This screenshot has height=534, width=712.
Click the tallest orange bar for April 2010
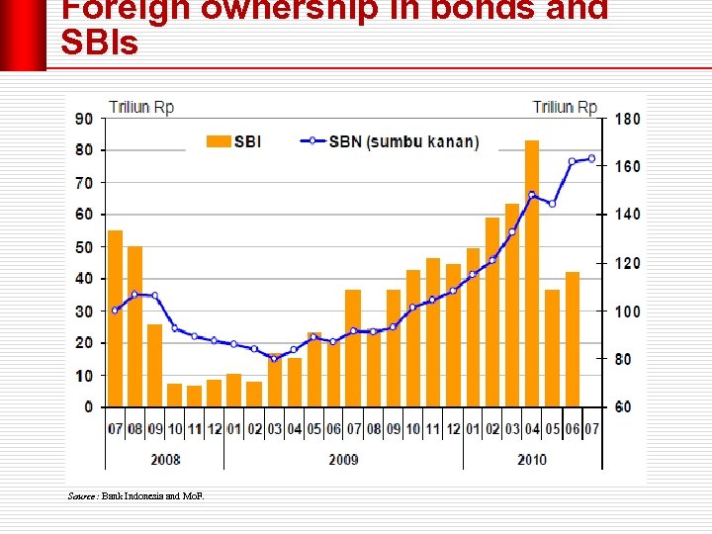coord(532,273)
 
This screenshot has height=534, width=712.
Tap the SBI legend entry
coord(234,141)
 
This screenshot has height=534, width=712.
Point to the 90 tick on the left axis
coord(84,119)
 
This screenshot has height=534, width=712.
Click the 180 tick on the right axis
coord(628,119)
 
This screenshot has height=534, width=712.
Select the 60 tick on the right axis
coord(624,407)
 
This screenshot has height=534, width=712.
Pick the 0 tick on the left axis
coord(89,407)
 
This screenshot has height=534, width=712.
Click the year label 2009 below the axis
coord(342,460)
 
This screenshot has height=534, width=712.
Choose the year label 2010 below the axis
coord(533,460)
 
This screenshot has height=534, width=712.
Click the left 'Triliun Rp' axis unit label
coord(141,107)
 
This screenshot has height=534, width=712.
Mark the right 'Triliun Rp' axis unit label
coord(565,107)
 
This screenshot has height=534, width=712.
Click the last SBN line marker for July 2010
coord(591,158)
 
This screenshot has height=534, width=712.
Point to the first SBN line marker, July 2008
coord(116,311)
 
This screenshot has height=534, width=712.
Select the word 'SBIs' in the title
coord(99,44)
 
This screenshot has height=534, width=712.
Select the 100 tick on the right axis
coord(628,311)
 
